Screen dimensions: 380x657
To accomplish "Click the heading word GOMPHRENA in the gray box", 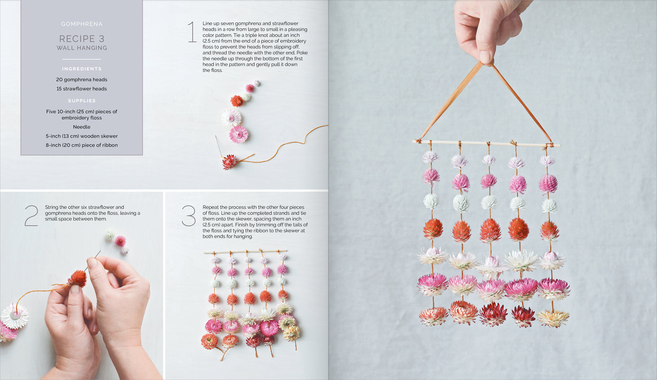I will (82, 24).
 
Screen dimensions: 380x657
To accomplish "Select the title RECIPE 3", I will (82, 39).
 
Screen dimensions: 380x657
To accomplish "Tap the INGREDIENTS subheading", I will (82, 69).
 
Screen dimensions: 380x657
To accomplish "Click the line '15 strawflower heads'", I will (82, 89).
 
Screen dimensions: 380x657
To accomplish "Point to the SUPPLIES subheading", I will (82, 101).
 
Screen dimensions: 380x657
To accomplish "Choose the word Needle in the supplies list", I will (82, 127).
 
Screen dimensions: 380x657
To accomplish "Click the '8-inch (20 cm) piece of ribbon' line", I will (82, 145).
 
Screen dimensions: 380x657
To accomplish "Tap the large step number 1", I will (191, 32).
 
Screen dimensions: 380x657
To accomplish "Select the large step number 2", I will (31, 216).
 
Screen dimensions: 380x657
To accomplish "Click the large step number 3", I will (189, 216).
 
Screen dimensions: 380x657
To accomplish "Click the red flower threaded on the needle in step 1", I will (230, 162).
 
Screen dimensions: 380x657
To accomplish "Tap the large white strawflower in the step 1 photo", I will (231, 118).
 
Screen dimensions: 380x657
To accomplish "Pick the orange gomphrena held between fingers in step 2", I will (77, 278).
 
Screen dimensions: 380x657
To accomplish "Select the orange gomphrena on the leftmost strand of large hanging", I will (433, 229).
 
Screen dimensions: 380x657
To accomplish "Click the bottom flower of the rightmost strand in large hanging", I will (553, 318).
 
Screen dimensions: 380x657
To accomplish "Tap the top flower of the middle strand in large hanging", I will (489, 160).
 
